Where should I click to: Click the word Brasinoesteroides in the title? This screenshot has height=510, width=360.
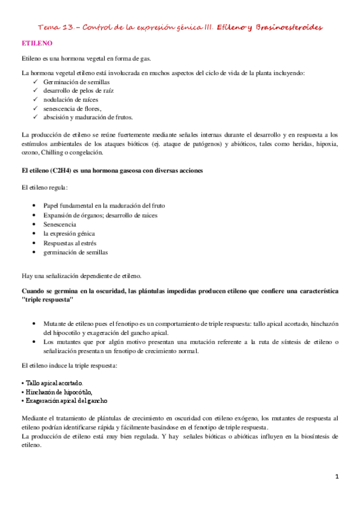[289, 28]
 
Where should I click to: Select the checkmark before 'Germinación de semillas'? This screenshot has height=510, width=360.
[38, 81]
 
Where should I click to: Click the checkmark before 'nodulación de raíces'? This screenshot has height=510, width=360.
[38, 99]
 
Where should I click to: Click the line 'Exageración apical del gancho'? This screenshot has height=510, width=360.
[65, 400]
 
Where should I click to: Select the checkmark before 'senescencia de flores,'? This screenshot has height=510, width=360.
[38, 108]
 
